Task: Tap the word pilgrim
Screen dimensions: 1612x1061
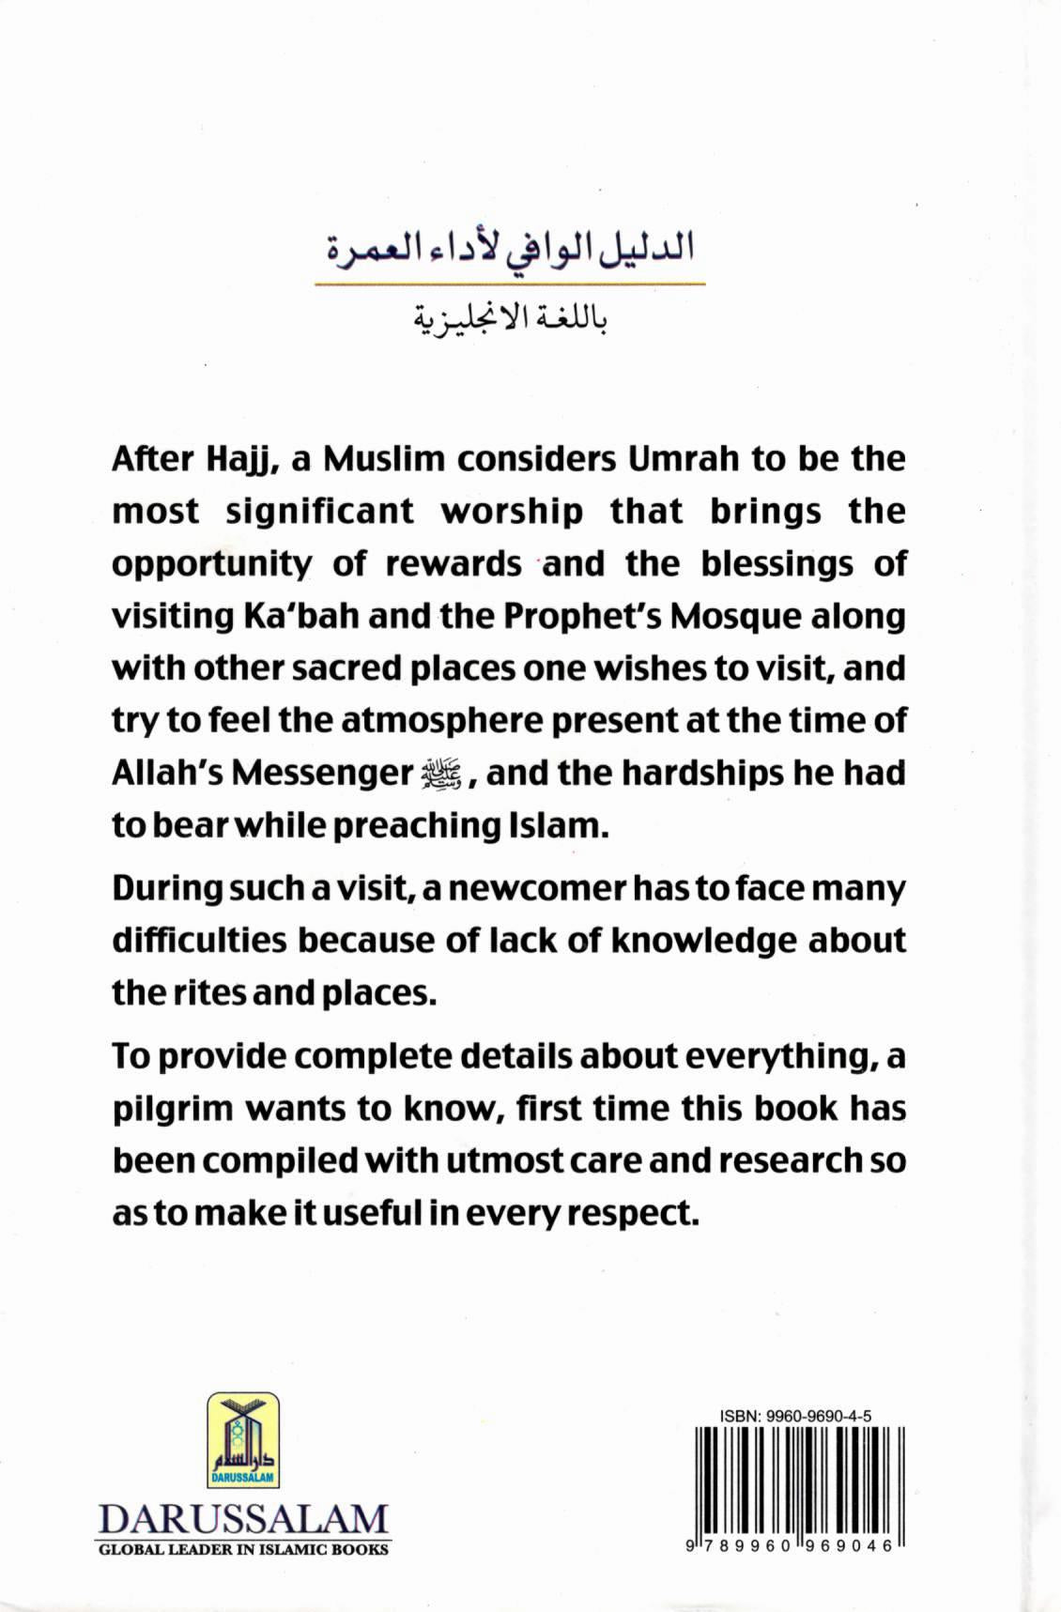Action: coord(172,1110)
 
